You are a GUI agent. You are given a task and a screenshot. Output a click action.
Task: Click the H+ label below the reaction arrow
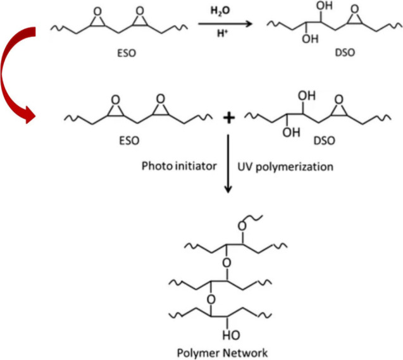(225, 34)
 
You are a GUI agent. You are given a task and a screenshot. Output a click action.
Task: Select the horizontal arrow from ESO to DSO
(225, 23)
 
